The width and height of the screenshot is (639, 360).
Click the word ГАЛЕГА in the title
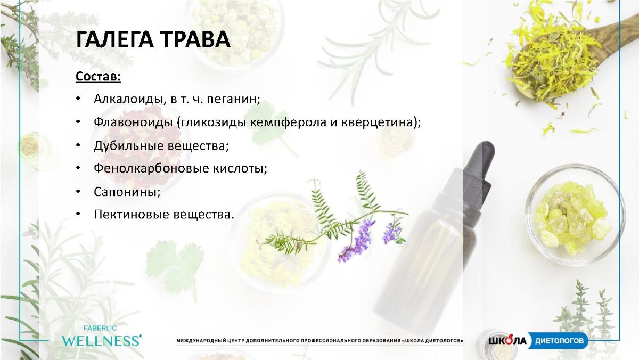(114, 39)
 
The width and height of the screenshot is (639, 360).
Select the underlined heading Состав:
(98, 77)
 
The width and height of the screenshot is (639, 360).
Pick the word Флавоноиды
(133, 122)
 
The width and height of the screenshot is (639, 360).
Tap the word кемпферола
(288, 123)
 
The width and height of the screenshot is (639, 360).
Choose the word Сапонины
(126, 192)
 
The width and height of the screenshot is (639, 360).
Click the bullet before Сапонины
(78, 191)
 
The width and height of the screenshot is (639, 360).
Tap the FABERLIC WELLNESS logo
(101, 337)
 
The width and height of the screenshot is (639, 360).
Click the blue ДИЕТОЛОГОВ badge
(559, 340)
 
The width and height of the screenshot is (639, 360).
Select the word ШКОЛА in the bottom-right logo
(507, 341)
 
